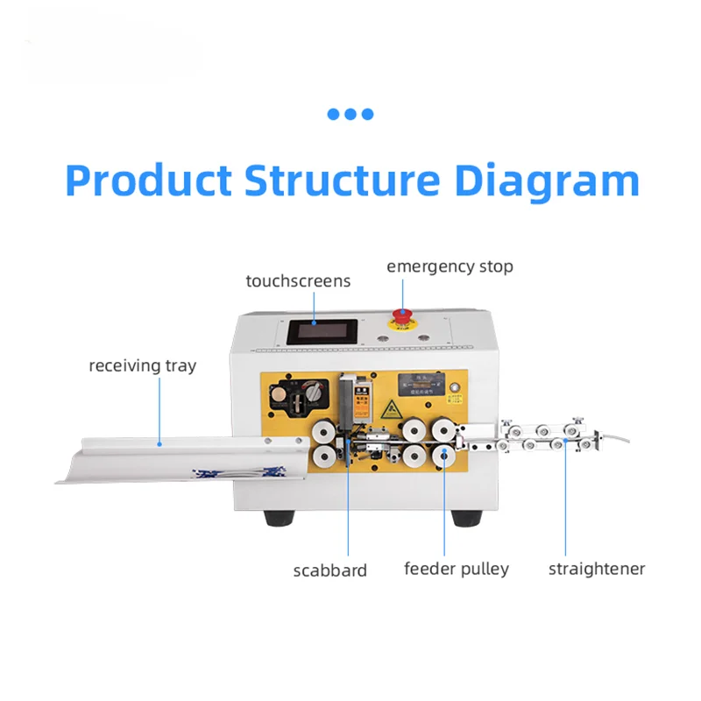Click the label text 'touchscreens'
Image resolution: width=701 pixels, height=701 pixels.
click(x=298, y=281)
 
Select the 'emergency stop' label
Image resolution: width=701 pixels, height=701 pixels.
click(x=450, y=266)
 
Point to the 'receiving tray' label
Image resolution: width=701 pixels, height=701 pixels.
click(x=142, y=365)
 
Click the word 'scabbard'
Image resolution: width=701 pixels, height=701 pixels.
click(x=329, y=570)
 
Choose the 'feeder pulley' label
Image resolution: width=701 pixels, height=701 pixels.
click(x=456, y=570)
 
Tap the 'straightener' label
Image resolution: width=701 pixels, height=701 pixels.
click(x=597, y=570)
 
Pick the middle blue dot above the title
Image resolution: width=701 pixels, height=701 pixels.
click(x=350, y=114)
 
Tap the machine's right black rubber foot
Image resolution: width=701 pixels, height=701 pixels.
click(x=466, y=517)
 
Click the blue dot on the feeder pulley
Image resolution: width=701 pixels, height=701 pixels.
click(x=444, y=452)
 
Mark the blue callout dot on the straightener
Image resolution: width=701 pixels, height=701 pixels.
click(x=565, y=441)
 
